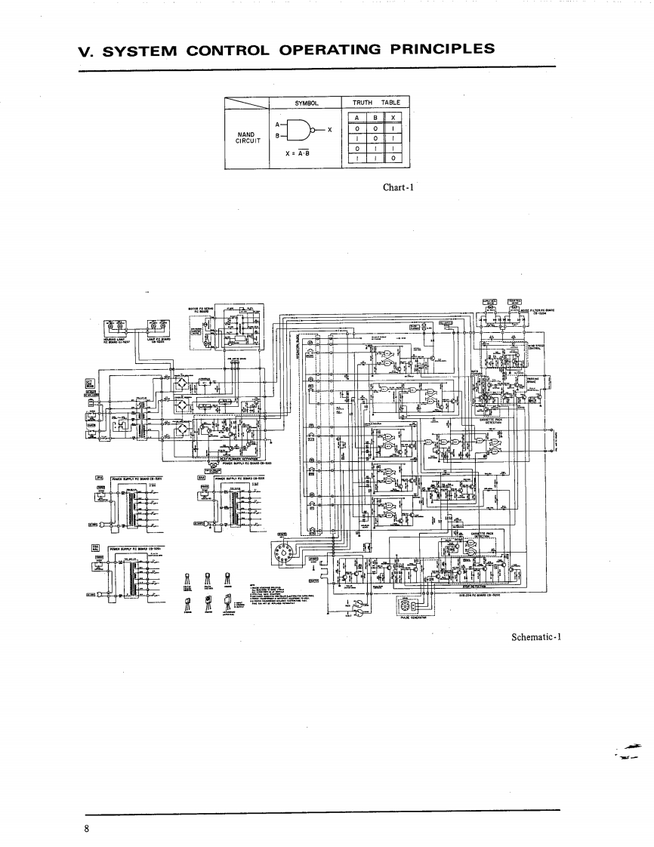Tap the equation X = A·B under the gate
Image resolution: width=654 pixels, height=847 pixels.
pos(299,153)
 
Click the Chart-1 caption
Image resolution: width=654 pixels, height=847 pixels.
pos(396,188)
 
